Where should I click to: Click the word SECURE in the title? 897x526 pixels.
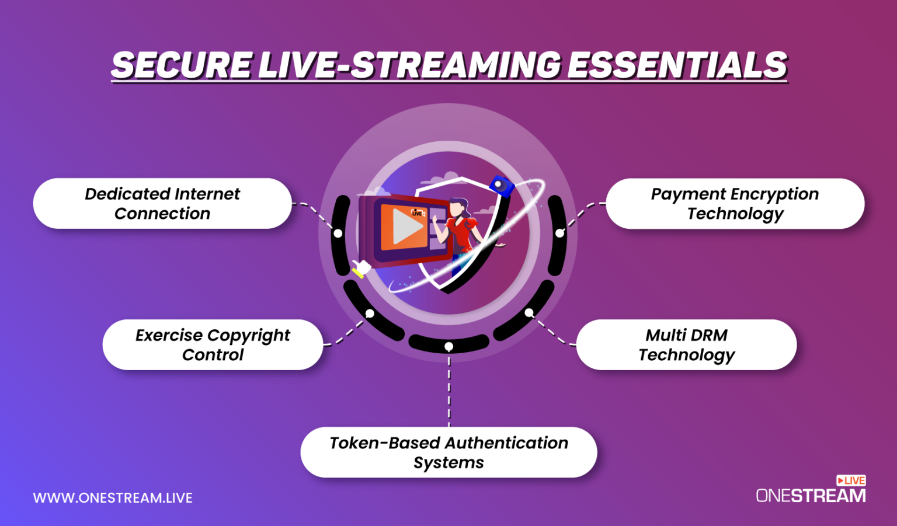[181, 65]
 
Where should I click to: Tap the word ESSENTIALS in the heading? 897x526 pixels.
[677, 65]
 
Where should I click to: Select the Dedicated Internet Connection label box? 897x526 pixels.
[162, 203]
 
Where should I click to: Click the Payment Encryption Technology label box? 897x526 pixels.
[735, 203]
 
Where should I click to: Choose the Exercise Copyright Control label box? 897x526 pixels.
[213, 344]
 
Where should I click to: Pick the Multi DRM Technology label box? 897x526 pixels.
[686, 344]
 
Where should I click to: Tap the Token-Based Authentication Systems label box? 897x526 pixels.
[448, 452]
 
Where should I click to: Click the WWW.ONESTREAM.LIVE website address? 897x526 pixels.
[113, 498]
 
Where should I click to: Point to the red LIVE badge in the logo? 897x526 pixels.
[851, 480]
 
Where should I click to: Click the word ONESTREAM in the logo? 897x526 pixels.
[811, 496]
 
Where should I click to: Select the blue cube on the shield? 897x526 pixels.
[500, 186]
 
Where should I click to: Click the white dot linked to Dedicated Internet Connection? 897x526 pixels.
[338, 234]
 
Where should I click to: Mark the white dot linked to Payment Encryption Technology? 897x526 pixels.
[559, 234]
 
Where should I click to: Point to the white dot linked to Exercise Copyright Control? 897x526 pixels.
[370, 313]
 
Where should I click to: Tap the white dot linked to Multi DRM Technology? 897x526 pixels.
[529, 313]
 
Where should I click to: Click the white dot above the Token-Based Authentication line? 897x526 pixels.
[448, 347]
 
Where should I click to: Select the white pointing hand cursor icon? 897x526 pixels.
[362, 269]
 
